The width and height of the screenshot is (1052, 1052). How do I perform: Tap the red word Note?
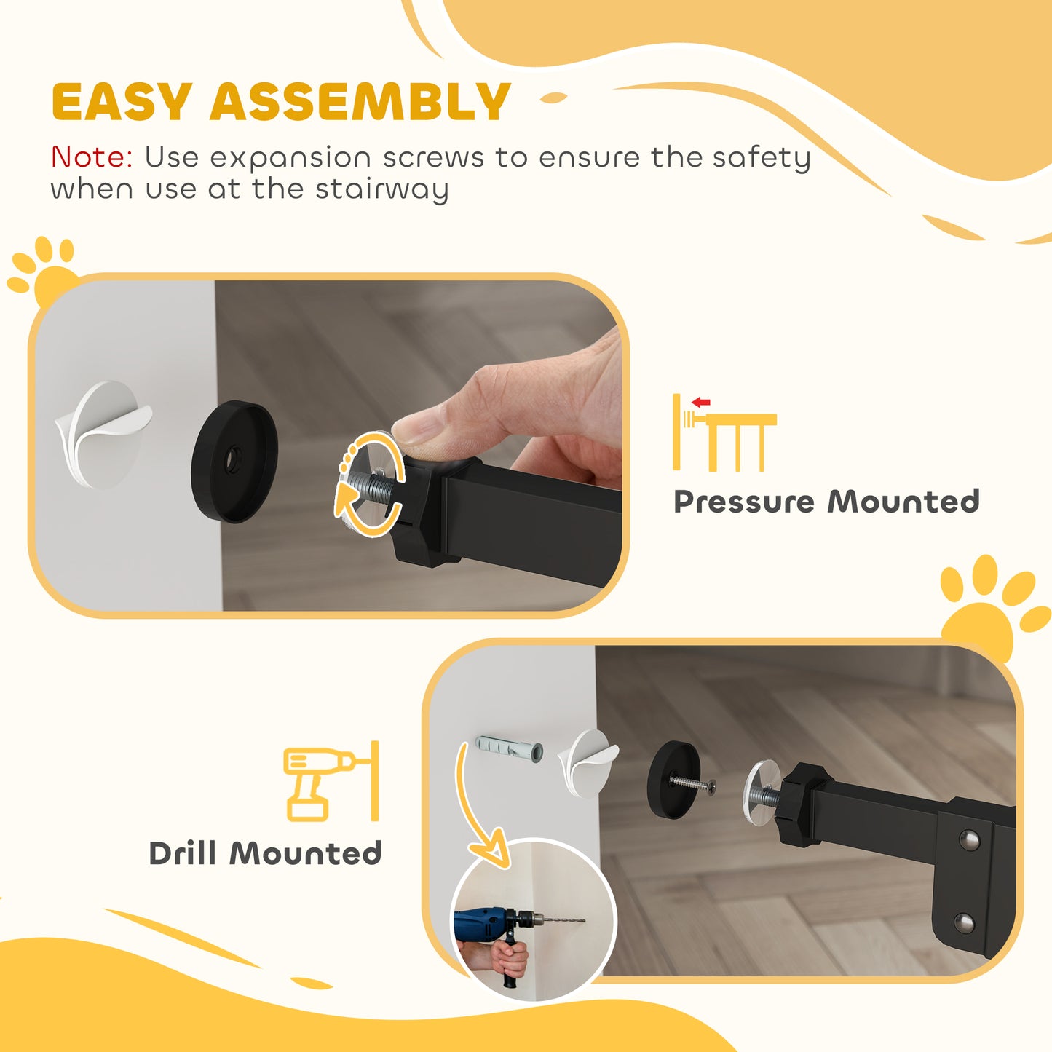91,157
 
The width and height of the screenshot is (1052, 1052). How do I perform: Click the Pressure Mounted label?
826,502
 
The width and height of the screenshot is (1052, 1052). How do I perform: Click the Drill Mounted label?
265,853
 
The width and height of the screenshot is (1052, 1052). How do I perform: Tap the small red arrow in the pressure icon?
701,402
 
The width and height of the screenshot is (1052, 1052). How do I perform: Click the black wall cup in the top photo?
234,462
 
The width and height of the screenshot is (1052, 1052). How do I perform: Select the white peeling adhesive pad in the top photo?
103,434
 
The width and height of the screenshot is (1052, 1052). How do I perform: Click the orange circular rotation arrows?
370,484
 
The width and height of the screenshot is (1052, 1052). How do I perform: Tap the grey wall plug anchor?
509,748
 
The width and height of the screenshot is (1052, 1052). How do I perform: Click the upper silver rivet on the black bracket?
969,840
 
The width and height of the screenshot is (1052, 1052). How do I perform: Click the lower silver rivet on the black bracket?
965,924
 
